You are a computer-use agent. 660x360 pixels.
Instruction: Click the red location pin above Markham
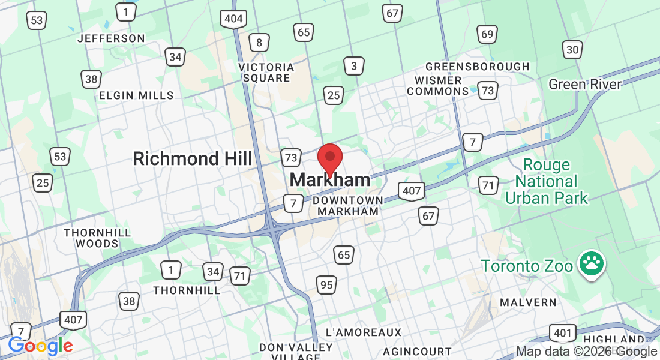click(329, 158)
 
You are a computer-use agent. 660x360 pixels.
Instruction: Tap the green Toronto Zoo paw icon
click(592, 265)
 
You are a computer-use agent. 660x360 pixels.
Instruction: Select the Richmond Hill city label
click(193, 158)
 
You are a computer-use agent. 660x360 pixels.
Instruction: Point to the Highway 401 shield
click(562, 333)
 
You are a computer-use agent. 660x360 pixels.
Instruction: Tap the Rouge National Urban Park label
click(547, 181)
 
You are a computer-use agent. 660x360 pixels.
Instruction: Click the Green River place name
click(585, 84)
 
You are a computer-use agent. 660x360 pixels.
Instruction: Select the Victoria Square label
click(266, 72)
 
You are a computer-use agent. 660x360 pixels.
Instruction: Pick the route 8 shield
click(259, 42)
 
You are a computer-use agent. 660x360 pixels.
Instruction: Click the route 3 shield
click(354, 66)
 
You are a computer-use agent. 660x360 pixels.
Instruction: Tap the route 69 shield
click(487, 34)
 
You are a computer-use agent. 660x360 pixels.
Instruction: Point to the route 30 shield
click(572, 50)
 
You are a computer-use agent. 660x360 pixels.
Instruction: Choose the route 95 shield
click(326, 285)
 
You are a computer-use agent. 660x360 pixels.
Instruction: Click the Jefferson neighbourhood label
click(112, 38)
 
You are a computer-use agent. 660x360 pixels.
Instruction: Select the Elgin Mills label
click(136, 95)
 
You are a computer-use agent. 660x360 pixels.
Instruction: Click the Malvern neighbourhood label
click(529, 302)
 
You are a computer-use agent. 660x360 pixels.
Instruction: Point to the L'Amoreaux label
click(363, 332)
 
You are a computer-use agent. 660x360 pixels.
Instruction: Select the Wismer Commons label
click(438, 85)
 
